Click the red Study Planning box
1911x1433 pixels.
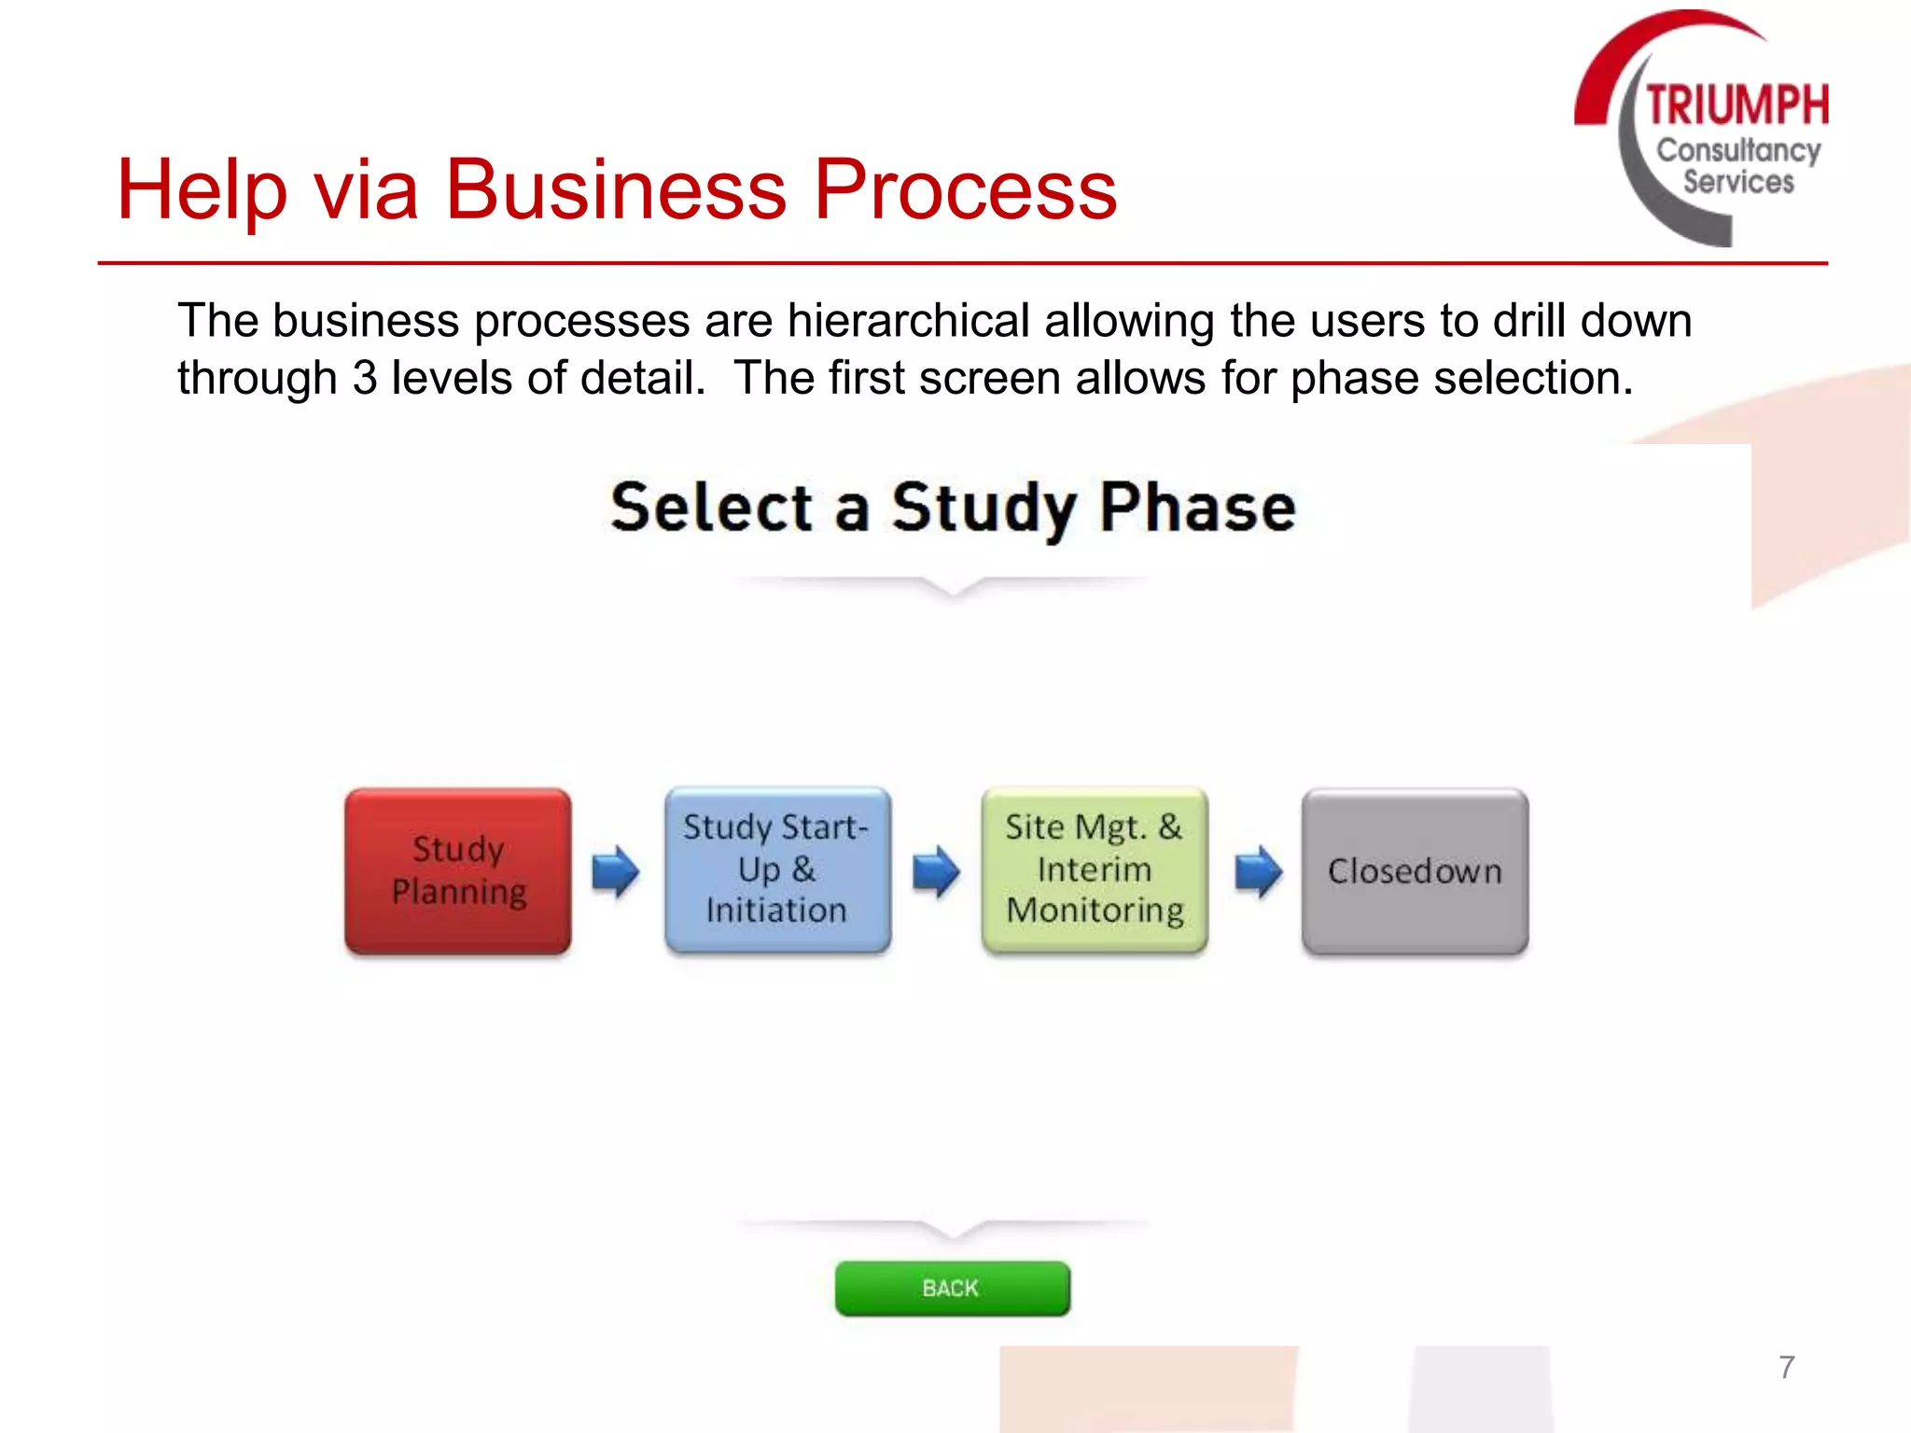pyautogui.click(x=457, y=870)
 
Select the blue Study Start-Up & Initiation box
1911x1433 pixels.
pyautogui.click(x=776, y=870)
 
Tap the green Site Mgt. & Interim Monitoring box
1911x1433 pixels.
pyautogui.click(x=1095, y=870)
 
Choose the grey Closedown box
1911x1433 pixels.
pyautogui.click(x=1415, y=871)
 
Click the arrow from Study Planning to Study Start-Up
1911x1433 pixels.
pyautogui.click(x=616, y=871)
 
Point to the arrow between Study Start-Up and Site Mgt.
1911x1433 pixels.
pyautogui.click(x=936, y=871)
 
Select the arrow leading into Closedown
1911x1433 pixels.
pyautogui.click(x=1258, y=871)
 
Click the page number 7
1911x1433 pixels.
pyautogui.click(x=1786, y=1367)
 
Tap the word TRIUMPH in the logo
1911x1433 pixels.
pyautogui.click(x=1737, y=104)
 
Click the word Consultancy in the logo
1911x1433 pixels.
pyautogui.click(x=1738, y=150)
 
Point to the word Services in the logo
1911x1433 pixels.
pyautogui.click(x=1738, y=181)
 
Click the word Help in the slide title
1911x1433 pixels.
pyautogui.click(x=201, y=190)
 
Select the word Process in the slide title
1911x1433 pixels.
pyautogui.click(x=965, y=190)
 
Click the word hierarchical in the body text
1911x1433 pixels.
pyautogui.click(x=908, y=321)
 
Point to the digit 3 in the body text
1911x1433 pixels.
pyautogui.click(x=365, y=379)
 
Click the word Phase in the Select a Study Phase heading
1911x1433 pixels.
pyautogui.click(x=1197, y=508)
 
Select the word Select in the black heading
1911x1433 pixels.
pyautogui.click(x=711, y=508)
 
